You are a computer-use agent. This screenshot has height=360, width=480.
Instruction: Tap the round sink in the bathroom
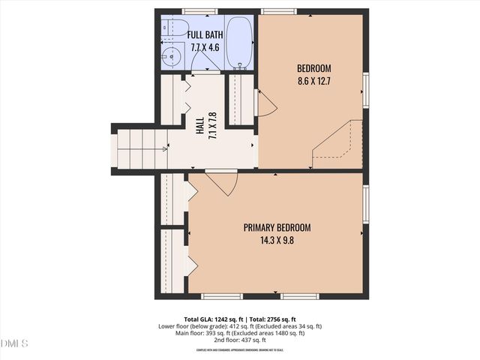click(172, 55)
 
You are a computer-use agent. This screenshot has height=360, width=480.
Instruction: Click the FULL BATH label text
click(205, 35)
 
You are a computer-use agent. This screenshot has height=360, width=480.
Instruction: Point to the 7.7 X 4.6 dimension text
click(205, 47)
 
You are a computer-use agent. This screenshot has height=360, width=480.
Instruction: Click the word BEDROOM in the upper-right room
click(313, 67)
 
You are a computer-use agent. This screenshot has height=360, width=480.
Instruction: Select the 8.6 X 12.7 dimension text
click(313, 79)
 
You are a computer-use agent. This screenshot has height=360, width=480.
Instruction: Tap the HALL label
click(200, 127)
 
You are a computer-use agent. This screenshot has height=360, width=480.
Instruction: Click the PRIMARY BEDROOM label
click(276, 227)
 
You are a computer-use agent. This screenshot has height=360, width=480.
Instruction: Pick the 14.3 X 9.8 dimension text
click(276, 240)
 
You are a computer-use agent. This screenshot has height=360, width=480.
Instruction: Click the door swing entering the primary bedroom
click(222, 181)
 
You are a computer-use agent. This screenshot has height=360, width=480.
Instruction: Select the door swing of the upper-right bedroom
click(265, 104)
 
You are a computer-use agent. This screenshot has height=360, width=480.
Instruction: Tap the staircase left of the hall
click(141, 148)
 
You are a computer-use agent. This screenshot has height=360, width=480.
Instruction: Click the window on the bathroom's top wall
click(200, 11)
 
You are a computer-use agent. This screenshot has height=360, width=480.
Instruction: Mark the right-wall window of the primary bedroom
click(365, 205)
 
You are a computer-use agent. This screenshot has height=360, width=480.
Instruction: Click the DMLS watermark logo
click(14, 343)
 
